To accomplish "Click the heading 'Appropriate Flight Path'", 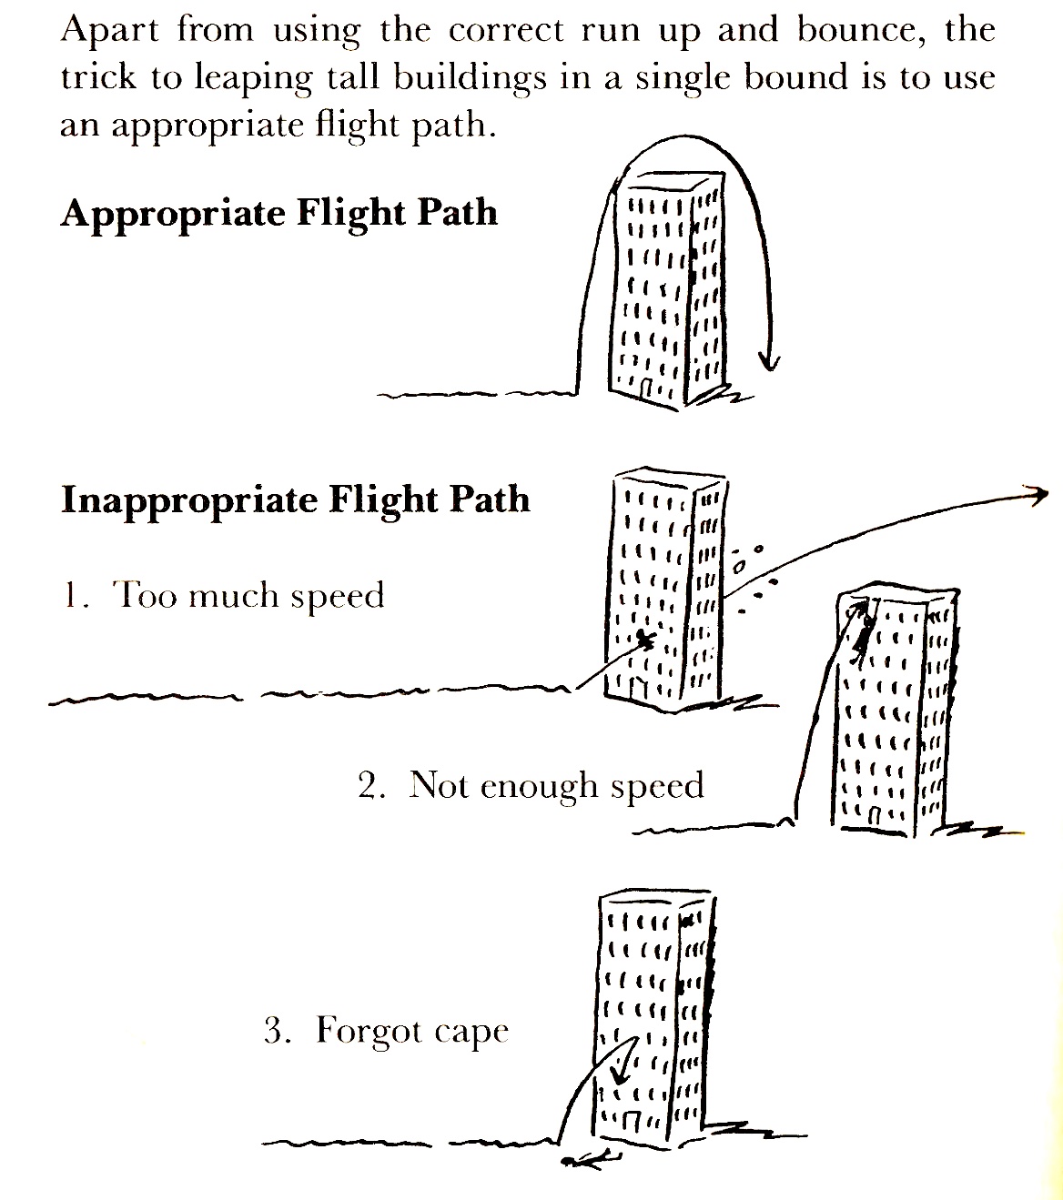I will tap(278, 214).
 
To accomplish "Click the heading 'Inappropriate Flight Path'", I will tap(295, 500).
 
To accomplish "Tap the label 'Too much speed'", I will tap(248, 596).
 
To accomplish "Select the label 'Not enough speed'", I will tap(556, 785).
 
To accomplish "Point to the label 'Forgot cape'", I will tap(411, 1032).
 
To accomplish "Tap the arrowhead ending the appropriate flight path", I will tap(770, 364).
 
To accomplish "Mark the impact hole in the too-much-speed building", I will tap(644, 640).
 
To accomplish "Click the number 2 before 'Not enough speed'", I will tap(370, 786).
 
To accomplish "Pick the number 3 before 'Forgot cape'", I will tap(277, 1032).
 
